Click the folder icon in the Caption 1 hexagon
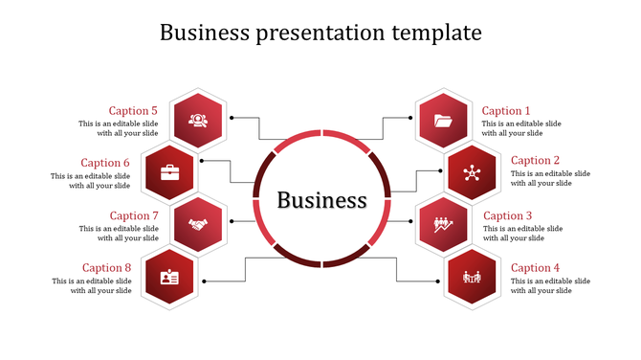tap(443, 121)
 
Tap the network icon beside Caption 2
tap(471, 173)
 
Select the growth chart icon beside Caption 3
tap(443, 225)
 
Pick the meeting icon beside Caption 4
tap(471, 278)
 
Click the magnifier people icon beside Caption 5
tap(198, 121)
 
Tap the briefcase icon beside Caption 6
tap(169, 173)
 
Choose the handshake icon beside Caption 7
tap(198, 225)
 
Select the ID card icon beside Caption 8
tap(169, 278)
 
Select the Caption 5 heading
tap(133, 111)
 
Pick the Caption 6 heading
tap(105, 163)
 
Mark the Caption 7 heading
tap(134, 216)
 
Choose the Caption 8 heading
tap(106, 268)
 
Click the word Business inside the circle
tap(321, 200)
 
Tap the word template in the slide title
tap(436, 33)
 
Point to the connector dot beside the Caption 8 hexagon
tap(205, 281)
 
